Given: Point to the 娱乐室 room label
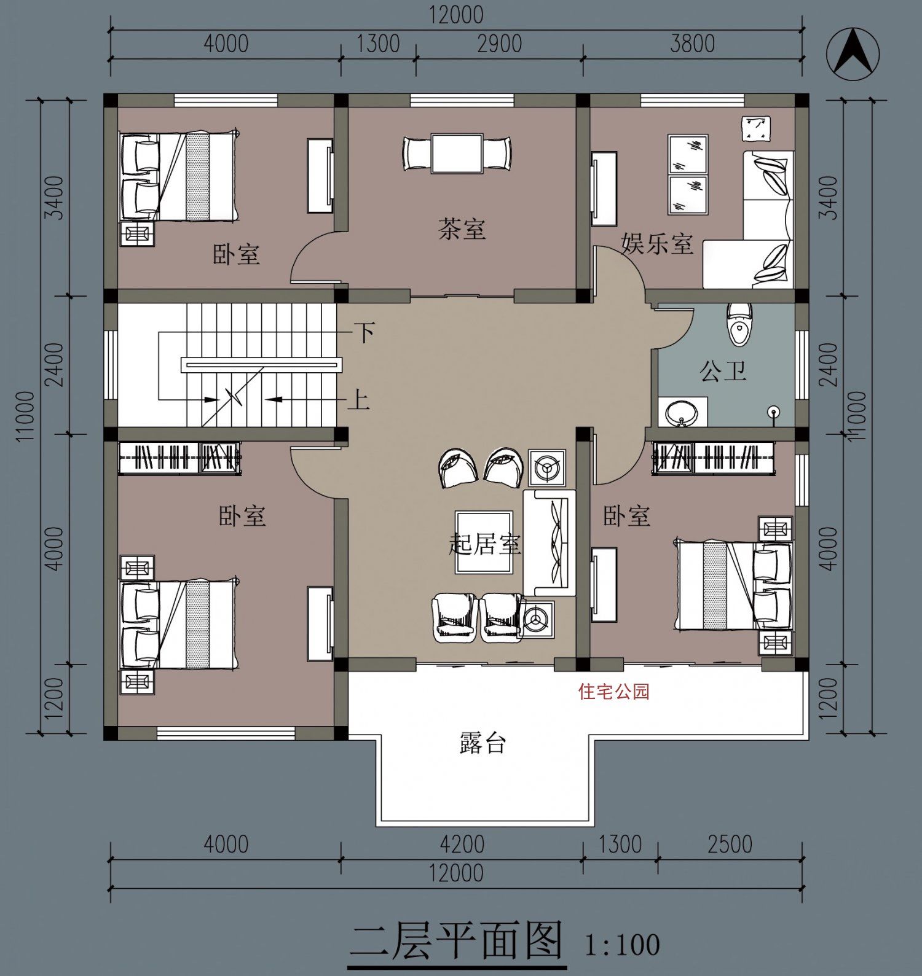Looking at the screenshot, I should click(657, 244).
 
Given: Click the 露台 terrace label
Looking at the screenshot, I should click(483, 743).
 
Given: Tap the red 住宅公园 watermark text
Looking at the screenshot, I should click(613, 692).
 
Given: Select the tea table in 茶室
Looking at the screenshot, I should click(457, 153).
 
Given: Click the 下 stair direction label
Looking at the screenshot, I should click(365, 333).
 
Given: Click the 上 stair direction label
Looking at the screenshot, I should click(358, 400).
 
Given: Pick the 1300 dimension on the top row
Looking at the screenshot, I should click(378, 44).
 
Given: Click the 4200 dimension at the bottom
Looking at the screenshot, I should click(462, 845).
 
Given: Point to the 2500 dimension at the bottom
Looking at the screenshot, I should click(730, 845).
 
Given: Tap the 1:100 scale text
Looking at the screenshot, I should click(622, 944).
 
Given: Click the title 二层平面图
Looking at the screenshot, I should click(457, 940).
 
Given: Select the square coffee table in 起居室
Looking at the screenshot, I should click(484, 542).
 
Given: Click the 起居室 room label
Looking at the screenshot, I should click(486, 544).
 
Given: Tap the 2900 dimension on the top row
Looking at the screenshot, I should click(499, 44).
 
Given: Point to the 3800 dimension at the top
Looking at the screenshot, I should click(692, 44).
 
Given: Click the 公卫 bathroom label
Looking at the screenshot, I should click(723, 371).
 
